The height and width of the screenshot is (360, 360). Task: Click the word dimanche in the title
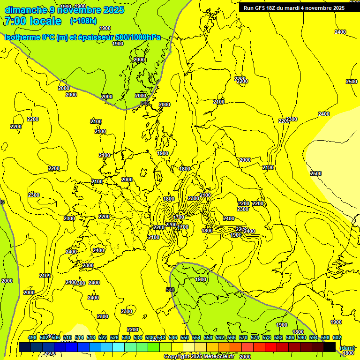pyautogui.click(x=25, y=10)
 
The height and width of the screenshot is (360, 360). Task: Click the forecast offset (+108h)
pyautogui.click(x=83, y=21)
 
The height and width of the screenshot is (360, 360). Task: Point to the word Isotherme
pyautogui.click(x=22, y=37)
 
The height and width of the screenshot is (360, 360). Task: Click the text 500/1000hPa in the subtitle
pyautogui.click(x=138, y=37)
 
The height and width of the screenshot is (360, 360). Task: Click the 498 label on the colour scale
pyautogui.click(x=32, y=337)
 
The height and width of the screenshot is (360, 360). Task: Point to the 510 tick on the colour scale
pyautogui.click(x=67, y=337)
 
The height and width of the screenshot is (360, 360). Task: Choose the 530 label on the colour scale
pyautogui.click(x=126, y=337)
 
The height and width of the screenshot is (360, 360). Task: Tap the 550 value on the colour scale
pyautogui.click(x=185, y=337)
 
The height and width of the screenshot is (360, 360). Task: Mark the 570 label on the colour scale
pyautogui.click(x=243, y=337)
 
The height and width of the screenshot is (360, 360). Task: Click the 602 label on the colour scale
pyautogui.click(x=337, y=337)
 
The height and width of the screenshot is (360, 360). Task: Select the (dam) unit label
pyautogui.click(x=347, y=347)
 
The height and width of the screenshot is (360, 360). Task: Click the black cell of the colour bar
pyautogui.click(x=330, y=347)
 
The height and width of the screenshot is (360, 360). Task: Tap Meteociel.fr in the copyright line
pyautogui.click(x=221, y=357)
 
